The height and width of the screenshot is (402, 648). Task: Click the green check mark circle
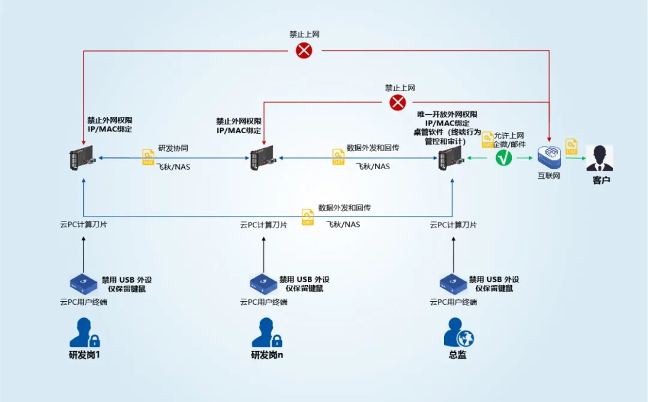click(504, 158)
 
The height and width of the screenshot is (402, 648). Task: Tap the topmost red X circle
click(304, 50)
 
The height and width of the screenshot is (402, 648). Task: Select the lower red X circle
click(398, 103)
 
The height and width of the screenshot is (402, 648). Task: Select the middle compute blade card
click(262, 158)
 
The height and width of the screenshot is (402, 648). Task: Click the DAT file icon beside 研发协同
click(148, 157)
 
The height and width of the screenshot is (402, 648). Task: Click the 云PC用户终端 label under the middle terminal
click(263, 302)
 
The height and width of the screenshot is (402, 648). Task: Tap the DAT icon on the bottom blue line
click(308, 217)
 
